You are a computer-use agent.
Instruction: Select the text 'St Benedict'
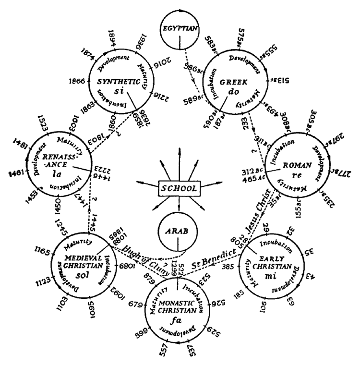pyautogui.click(x=213, y=257)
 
